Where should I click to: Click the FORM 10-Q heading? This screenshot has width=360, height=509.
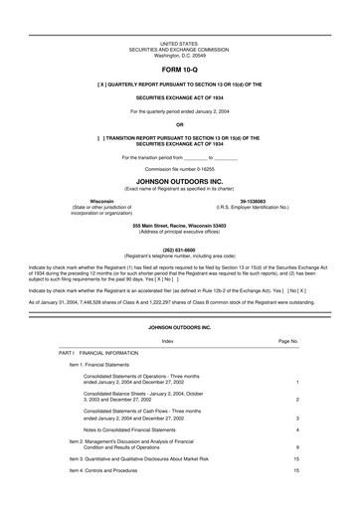point(179,74)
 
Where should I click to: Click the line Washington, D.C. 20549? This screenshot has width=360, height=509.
point(179,57)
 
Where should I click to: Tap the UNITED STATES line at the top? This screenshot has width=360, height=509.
point(179,45)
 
